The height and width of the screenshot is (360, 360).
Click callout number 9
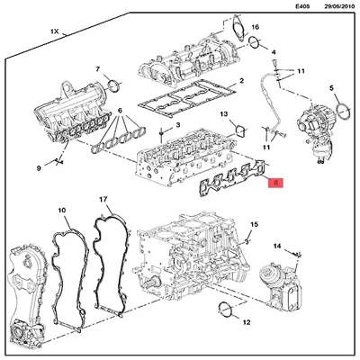tap(39, 167)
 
